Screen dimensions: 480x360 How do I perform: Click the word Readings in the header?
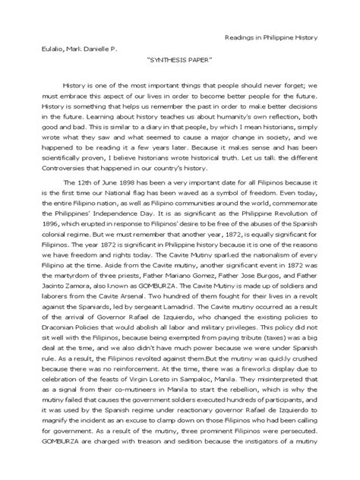pos(241,37)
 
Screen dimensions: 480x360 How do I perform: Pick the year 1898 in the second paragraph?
pos(126,184)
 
